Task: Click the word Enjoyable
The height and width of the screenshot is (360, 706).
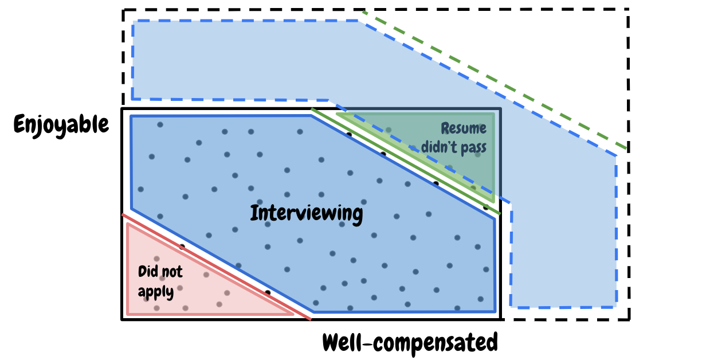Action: tap(61, 124)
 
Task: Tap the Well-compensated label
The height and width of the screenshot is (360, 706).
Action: tap(410, 342)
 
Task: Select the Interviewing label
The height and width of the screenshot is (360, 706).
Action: tap(307, 213)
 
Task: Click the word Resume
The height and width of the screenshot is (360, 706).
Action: tap(463, 128)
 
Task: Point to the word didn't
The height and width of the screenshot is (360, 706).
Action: tap(441, 147)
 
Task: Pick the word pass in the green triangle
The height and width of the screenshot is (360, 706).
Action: tap(473, 147)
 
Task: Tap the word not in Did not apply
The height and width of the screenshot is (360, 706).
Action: tap(172, 272)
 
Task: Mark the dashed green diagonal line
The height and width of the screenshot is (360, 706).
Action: tap(493, 77)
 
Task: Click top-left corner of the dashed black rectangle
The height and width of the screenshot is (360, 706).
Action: tap(124, 10)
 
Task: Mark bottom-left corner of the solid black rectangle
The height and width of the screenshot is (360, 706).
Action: tap(123, 319)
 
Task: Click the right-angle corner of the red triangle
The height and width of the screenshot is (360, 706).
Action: tap(128, 314)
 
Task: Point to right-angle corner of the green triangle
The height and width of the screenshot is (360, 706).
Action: tap(493, 114)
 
